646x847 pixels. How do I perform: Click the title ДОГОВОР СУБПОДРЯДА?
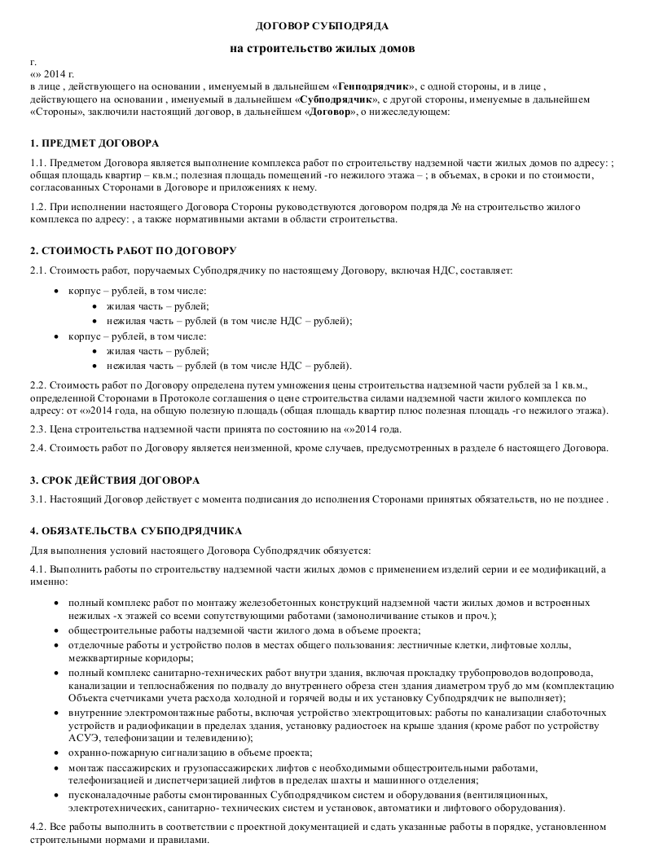pyautogui.click(x=323, y=27)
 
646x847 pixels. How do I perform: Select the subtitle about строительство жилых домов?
pyautogui.click(x=323, y=48)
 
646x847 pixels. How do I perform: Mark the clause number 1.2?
pyautogui.click(x=37, y=207)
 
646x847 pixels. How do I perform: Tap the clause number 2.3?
pyautogui.click(x=37, y=428)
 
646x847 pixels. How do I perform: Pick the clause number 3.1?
pyautogui.click(x=37, y=498)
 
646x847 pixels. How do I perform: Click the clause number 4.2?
pyautogui.click(x=37, y=827)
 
